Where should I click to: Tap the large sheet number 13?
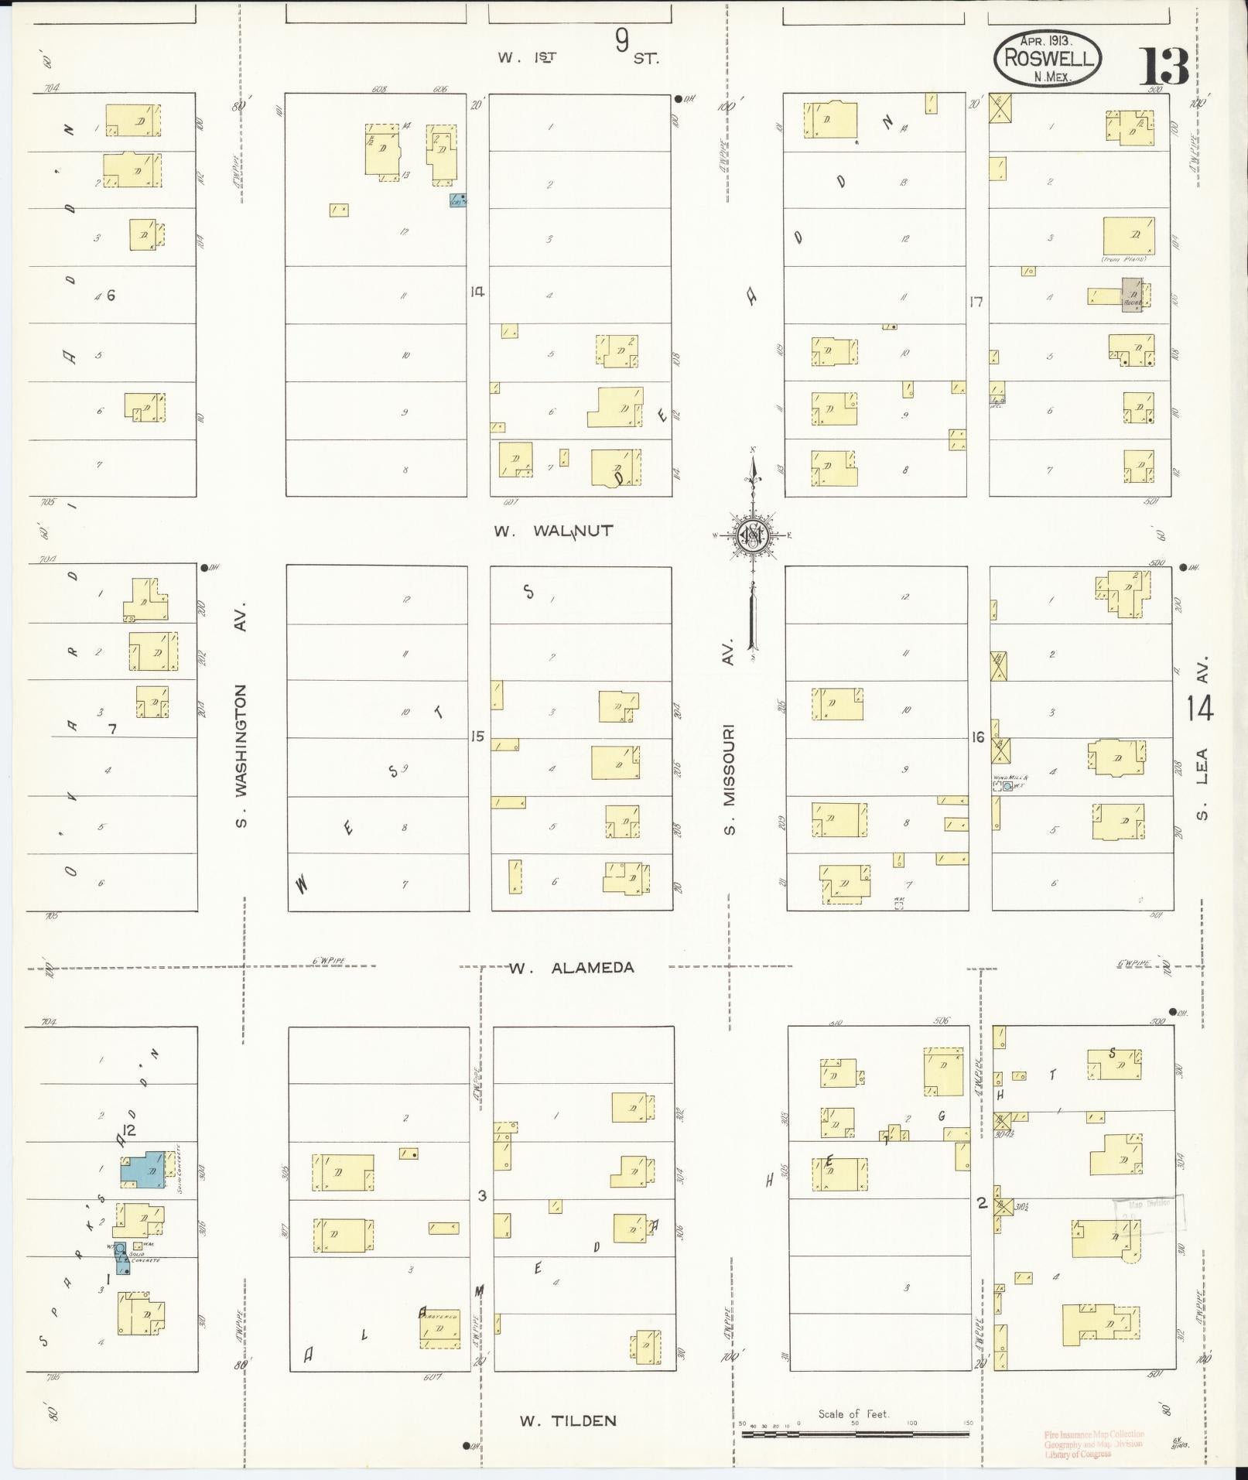pos(1163,66)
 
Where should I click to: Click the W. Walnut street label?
pos(554,532)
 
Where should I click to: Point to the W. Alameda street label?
pos(572,968)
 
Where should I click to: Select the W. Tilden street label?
pos(568,1420)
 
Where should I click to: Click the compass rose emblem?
pos(751,535)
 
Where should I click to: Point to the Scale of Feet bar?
pos(855,1434)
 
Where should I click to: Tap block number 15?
pos(477,736)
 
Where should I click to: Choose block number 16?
pos(978,737)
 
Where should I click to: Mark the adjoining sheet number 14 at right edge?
pos(1199,709)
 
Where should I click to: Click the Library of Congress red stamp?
pos(1093,1444)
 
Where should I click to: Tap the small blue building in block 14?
pos(458,200)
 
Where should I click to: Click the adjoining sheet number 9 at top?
pos(622,40)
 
